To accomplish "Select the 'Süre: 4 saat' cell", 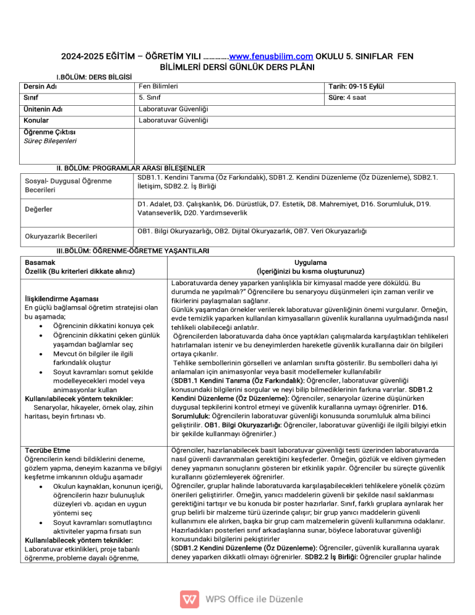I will [349, 98].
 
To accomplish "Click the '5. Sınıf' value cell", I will [151, 98].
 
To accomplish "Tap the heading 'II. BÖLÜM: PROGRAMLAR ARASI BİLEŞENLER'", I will [131, 168].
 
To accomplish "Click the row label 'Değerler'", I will [38, 209].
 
